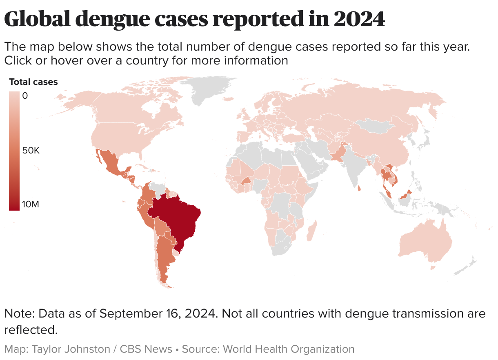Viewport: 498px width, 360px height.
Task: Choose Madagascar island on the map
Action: [x=311, y=231]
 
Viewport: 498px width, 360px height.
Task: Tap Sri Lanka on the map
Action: [x=359, y=189]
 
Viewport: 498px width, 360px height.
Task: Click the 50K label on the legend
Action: [x=31, y=151]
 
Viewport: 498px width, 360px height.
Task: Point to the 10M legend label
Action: [x=31, y=204]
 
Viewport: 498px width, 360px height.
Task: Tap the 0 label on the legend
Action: [x=25, y=96]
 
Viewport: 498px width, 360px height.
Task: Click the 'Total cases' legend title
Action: [x=33, y=82]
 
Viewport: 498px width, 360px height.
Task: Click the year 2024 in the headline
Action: [x=359, y=19]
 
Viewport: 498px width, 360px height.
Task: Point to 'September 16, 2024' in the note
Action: [x=157, y=314]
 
